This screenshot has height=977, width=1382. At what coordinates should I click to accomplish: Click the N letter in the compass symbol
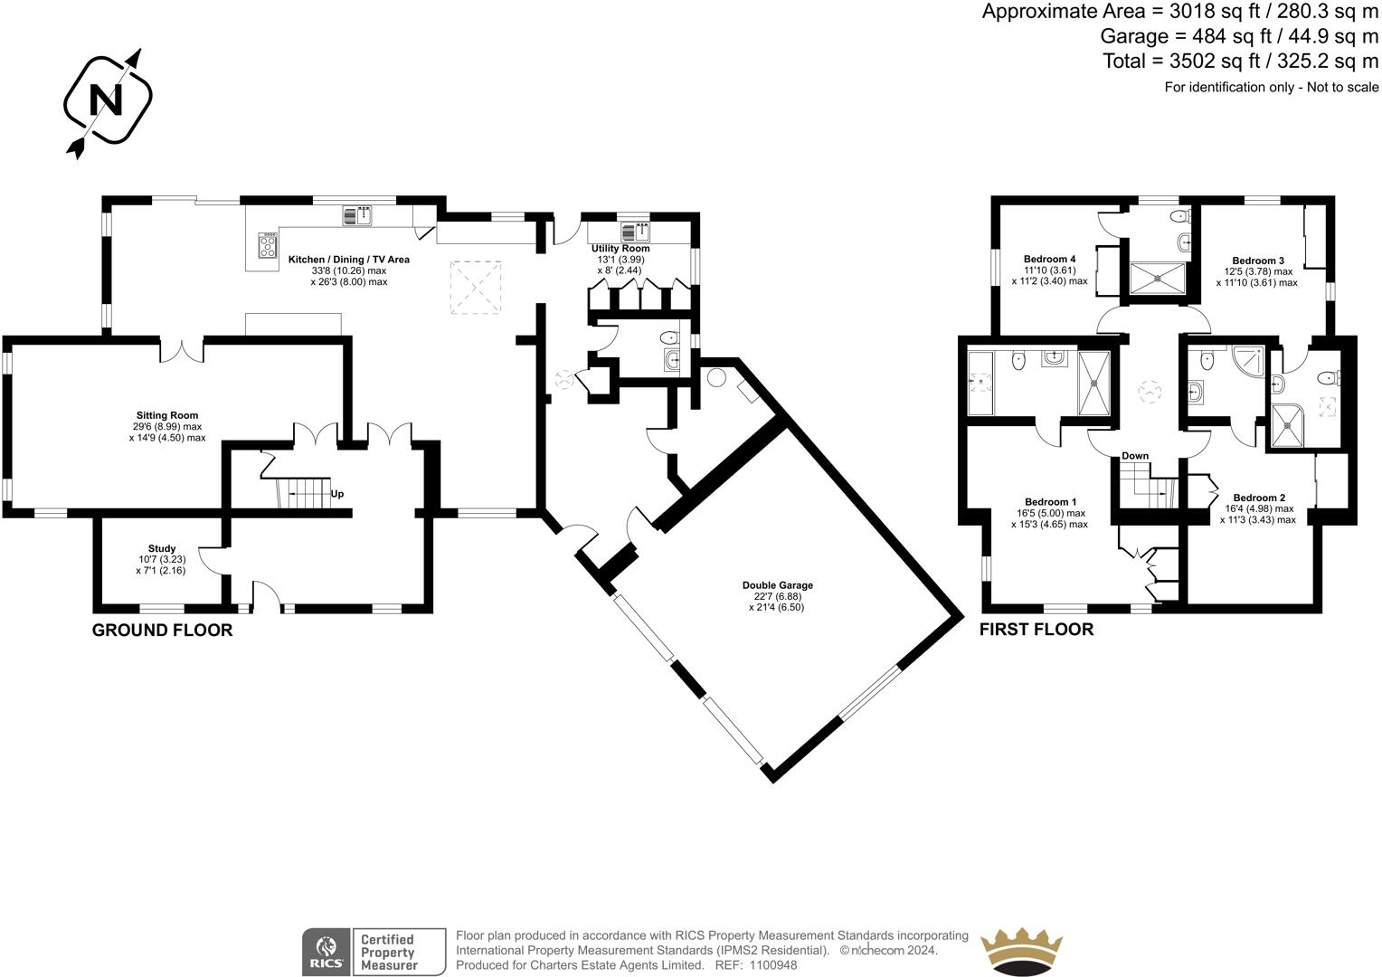pyautogui.click(x=106, y=100)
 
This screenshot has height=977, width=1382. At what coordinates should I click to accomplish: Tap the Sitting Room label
pyautogui.click(x=167, y=415)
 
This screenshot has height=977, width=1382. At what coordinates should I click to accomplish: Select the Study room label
pyautogui.click(x=162, y=548)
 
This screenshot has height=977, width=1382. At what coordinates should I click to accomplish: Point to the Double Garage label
pyautogui.click(x=778, y=585)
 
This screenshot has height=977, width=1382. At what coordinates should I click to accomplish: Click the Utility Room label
pyautogui.click(x=620, y=248)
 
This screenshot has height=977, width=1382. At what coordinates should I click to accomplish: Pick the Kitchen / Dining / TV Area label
pyautogui.click(x=348, y=260)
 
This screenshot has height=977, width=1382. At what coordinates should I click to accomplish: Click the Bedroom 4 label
pyautogui.click(x=1049, y=260)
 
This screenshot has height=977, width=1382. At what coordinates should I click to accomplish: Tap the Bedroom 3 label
pyautogui.click(x=1258, y=261)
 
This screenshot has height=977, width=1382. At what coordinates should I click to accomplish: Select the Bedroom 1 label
pyautogui.click(x=1051, y=502)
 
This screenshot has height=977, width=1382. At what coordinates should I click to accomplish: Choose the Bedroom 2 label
pyautogui.click(x=1259, y=498)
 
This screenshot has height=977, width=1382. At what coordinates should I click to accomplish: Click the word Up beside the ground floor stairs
pyautogui.click(x=336, y=494)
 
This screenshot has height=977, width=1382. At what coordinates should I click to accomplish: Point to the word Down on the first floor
pyautogui.click(x=1135, y=455)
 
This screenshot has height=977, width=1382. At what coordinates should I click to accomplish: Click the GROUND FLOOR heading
pyautogui.click(x=162, y=631)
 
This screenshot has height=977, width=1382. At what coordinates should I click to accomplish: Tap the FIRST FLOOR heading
pyautogui.click(x=1036, y=630)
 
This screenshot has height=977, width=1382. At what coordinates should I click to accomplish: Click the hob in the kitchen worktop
pyautogui.click(x=268, y=245)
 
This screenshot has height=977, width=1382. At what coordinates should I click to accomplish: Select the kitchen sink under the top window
pyautogui.click(x=357, y=215)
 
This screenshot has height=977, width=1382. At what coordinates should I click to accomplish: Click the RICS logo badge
pyautogui.click(x=326, y=952)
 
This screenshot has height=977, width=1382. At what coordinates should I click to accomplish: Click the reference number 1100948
pyautogui.click(x=773, y=964)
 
